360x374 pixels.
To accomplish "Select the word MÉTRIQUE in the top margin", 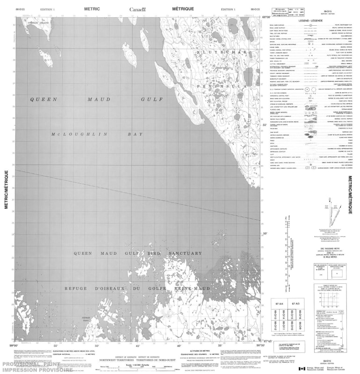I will coord(184,9).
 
